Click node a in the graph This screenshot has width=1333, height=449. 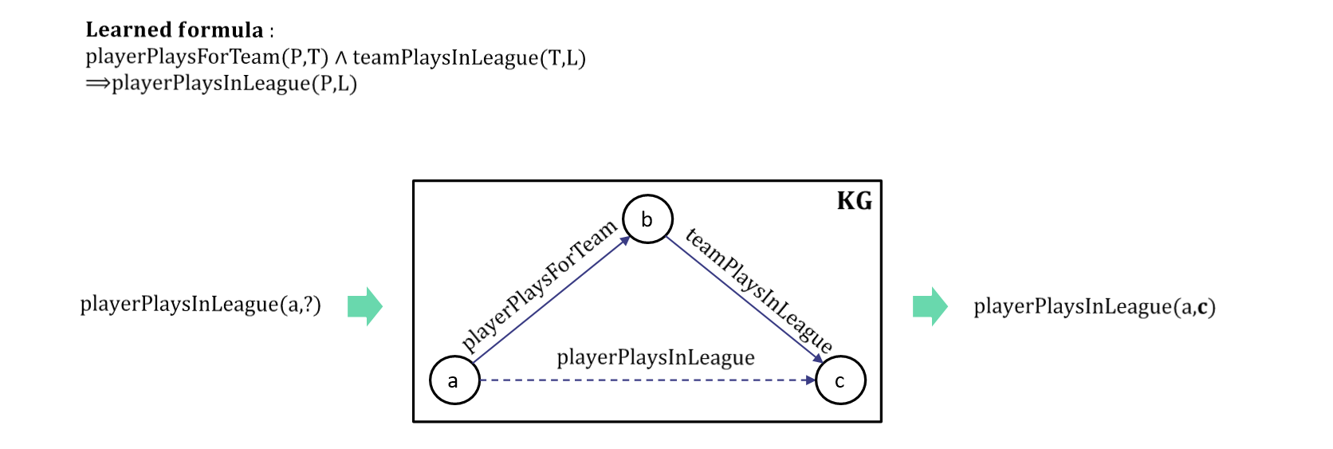[454, 380]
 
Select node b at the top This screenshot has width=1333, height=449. [647, 219]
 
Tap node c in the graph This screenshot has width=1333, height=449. [840, 380]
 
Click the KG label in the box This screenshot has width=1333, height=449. [854, 200]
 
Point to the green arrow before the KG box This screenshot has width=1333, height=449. [365, 306]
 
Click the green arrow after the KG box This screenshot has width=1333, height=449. [930, 306]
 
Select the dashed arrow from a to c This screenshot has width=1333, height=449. [646, 380]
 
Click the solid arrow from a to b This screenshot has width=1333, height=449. [550, 301]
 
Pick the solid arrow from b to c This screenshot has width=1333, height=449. [743, 299]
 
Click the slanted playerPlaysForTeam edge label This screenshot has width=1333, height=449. [539, 285]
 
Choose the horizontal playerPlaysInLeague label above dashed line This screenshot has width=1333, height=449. [655, 357]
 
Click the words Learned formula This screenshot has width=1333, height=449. [175, 30]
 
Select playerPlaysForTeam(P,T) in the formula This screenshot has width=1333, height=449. [206, 57]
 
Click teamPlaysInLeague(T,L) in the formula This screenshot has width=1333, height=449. [469, 57]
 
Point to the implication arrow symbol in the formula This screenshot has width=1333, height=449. [98, 83]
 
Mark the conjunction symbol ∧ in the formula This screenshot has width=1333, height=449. [340, 57]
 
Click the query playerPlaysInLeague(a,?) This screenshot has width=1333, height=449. [200, 305]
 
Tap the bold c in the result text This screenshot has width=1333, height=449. [1202, 307]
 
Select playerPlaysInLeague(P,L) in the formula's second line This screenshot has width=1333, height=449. [234, 83]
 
